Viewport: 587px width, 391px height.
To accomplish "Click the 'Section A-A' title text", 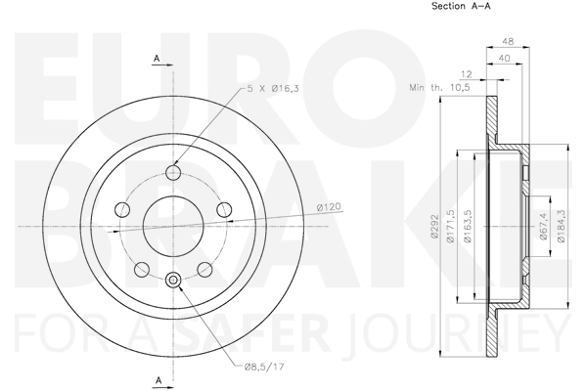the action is [x=461, y=6].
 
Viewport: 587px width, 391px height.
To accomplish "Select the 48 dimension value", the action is [x=508, y=41].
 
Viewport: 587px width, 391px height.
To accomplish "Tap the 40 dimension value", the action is [x=504, y=58].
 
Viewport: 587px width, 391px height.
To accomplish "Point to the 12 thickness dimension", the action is [x=466, y=74].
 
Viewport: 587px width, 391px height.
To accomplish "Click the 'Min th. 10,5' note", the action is [x=439, y=88].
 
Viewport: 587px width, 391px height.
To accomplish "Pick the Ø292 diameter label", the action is [x=434, y=226].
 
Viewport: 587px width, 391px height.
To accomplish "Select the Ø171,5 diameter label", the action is [x=451, y=226].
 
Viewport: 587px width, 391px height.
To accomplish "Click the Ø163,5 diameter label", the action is [x=468, y=226].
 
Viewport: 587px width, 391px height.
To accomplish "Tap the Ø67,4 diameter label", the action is [x=544, y=227].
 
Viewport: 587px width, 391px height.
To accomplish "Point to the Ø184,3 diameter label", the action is [x=561, y=226].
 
